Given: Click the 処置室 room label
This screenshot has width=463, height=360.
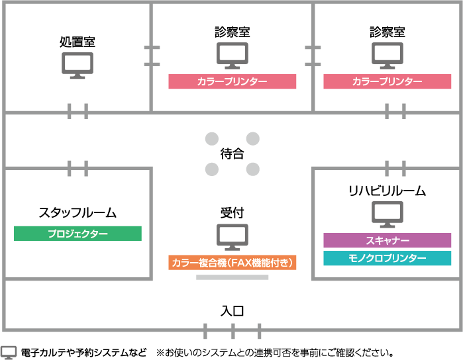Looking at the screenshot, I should tap(77, 42).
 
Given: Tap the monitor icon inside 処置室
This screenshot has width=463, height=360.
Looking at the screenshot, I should tap(77, 66).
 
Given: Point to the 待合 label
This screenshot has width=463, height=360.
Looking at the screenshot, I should tap(232, 154).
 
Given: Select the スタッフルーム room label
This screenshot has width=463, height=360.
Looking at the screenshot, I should tap(77, 213).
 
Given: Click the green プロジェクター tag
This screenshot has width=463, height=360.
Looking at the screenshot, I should tap(77, 234).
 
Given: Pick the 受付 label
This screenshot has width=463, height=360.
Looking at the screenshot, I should tap(232, 213).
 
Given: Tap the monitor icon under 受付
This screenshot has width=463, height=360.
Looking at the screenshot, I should tap(232, 236).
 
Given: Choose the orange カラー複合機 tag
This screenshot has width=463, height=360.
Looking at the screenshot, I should tap(232, 263).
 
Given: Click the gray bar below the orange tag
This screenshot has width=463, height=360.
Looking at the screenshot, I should tap(232, 277).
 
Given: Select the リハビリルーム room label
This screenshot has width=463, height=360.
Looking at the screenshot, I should tap(387, 191).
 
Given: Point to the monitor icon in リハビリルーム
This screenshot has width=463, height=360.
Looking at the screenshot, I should tap(387, 214).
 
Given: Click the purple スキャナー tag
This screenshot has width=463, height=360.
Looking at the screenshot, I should tap(387, 240).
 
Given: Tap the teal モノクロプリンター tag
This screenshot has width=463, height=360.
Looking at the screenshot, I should tap(387, 258).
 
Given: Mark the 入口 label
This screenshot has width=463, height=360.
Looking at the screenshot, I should tap(232, 310).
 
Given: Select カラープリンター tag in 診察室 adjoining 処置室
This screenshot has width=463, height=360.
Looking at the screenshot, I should tap(232, 81).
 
